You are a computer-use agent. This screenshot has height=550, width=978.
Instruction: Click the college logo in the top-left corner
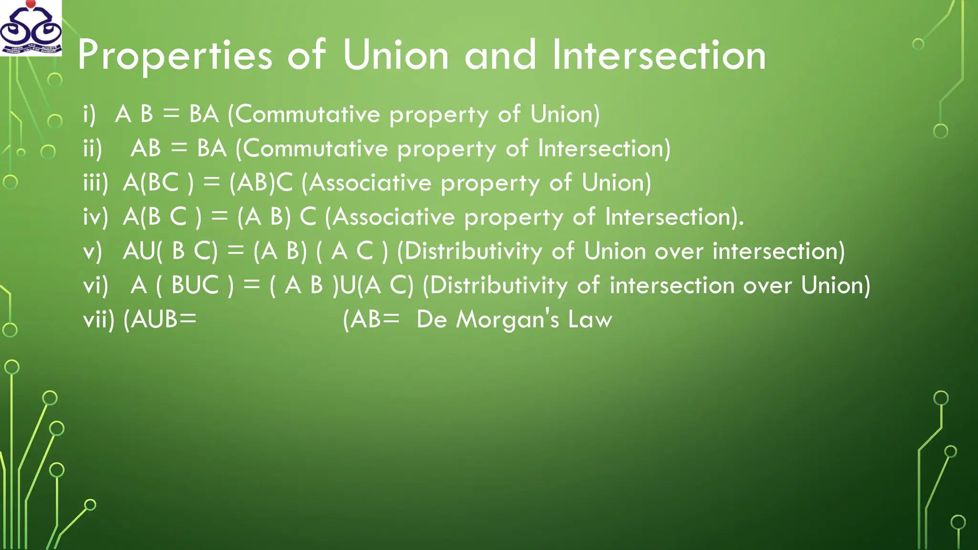click(31, 28)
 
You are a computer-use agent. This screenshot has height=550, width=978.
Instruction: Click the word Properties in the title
click(175, 56)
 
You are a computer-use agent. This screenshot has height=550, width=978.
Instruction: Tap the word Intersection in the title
click(659, 55)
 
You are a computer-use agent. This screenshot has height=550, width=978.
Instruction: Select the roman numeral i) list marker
click(89, 115)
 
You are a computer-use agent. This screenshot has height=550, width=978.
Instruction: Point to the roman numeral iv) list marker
click(96, 217)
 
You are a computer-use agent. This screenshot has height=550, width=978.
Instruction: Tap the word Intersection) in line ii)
click(604, 148)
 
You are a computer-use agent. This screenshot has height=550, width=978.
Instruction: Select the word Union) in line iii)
click(617, 183)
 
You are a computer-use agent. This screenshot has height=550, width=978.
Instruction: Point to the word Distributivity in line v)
click(473, 251)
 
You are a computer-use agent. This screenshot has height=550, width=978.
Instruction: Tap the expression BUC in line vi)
click(195, 286)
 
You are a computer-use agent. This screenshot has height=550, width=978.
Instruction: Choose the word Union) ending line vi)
click(836, 286)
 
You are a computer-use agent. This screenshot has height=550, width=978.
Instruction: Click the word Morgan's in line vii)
click(507, 320)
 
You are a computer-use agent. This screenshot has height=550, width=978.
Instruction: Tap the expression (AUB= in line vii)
click(160, 319)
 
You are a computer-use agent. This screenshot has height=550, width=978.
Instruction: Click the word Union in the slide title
click(396, 55)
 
